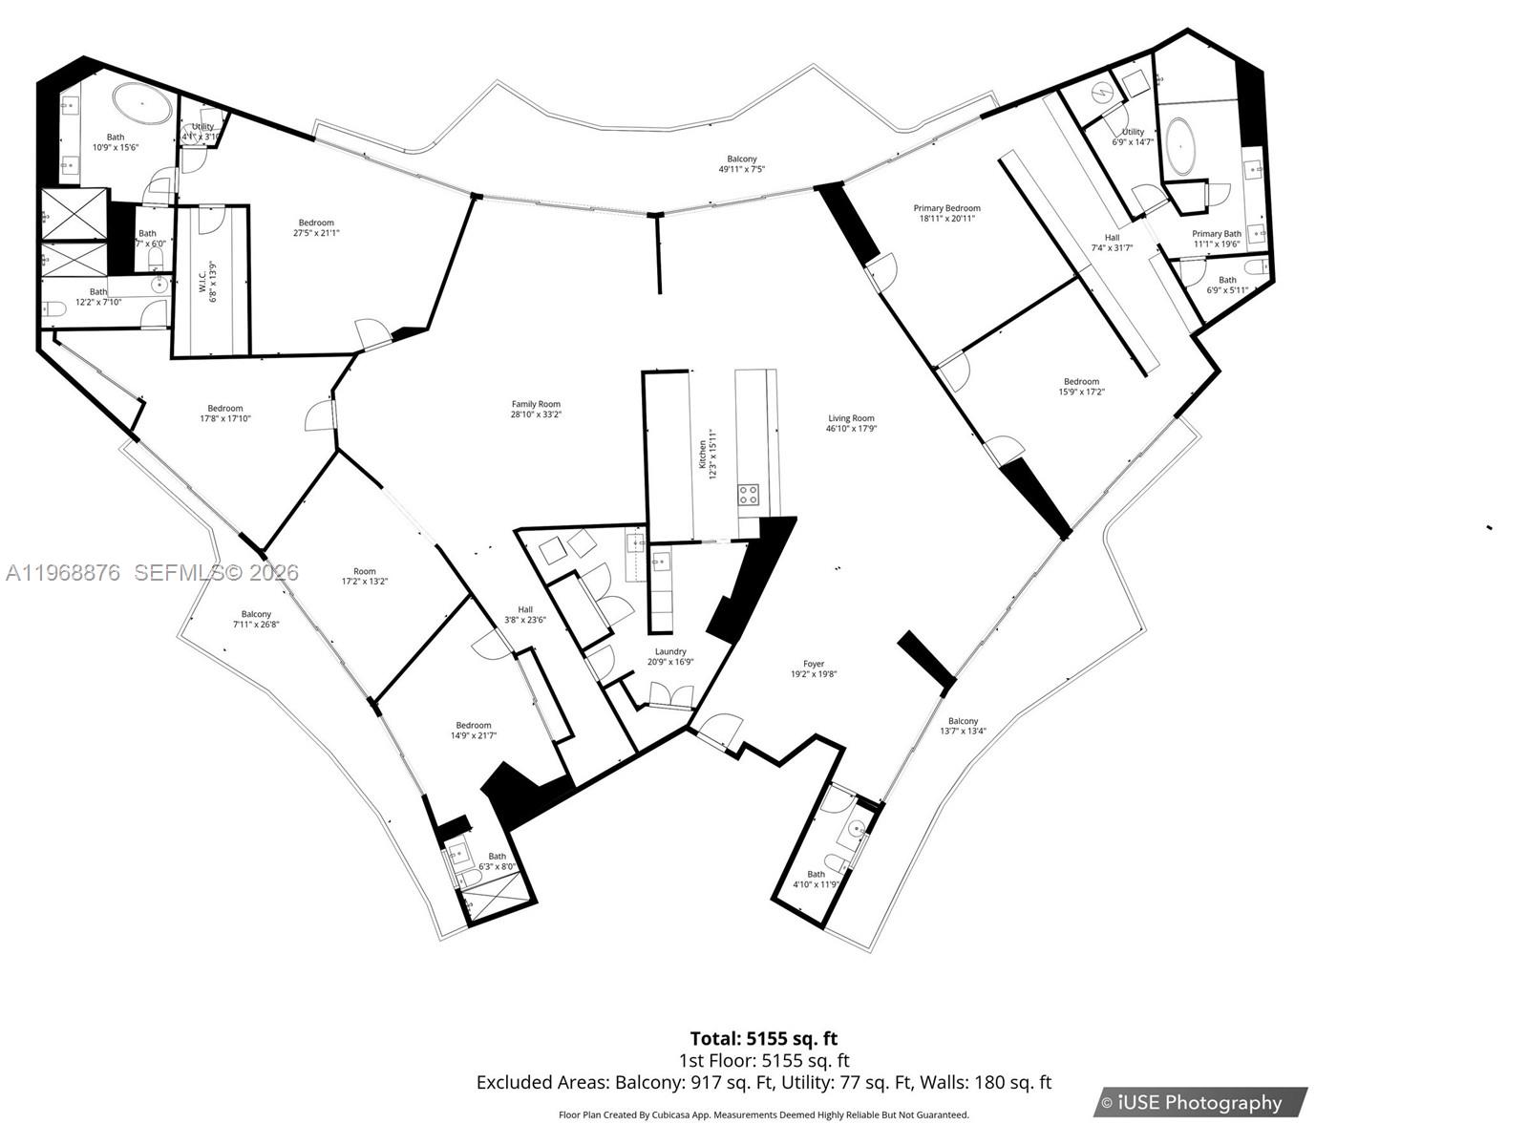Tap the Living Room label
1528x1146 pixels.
[851, 423]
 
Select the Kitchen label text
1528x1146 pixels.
[707, 454]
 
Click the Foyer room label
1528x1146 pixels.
[813, 668]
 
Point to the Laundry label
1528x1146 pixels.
[669, 656]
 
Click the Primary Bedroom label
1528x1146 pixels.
[946, 213]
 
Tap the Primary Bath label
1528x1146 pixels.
[1216, 239]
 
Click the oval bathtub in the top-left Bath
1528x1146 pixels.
[144, 100]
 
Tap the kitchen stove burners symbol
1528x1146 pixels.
[749, 495]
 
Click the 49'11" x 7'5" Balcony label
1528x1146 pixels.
[741, 164]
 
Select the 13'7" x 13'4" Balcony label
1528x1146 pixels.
[963, 726]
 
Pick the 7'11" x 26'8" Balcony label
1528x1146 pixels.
[256, 619]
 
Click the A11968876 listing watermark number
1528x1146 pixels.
[63, 573]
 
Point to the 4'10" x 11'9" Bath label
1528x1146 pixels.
[816, 880]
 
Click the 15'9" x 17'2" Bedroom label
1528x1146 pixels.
[1081, 386]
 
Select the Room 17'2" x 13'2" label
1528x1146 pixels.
[364, 576]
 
